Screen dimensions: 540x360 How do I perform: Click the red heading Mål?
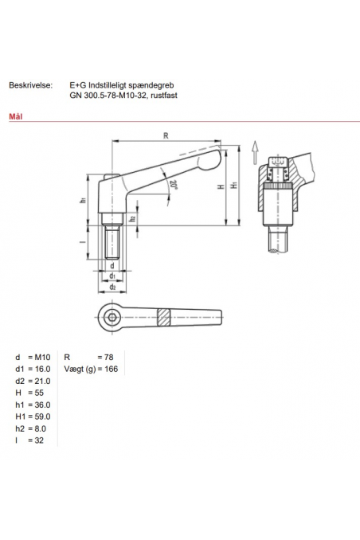14,115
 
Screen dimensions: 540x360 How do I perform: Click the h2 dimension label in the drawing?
132,217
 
